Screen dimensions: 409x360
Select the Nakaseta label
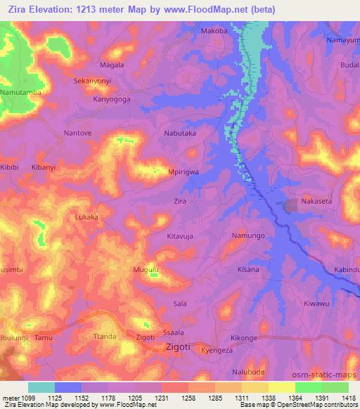(x=315, y=202)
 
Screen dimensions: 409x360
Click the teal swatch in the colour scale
(x=41, y=387)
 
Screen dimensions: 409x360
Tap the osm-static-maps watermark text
(x=328, y=377)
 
